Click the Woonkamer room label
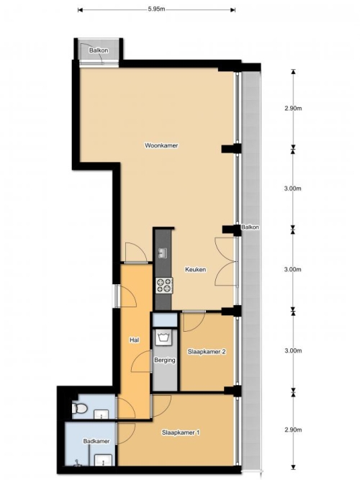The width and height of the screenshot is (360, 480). pyautogui.click(x=161, y=145)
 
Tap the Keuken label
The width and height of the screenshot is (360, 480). pyautogui.click(x=195, y=269)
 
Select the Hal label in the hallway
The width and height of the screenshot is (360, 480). pyautogui.click(x=135, y=340)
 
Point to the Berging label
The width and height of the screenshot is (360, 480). pyautogui.click(x=165, y=360)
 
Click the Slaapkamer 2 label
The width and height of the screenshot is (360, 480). pyautogui.click(x=207, y=352)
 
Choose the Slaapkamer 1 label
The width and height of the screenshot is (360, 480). pyautogui.click(x=181, y=433)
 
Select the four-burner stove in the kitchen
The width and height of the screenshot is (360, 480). pyautogui.click(x=164, y=286)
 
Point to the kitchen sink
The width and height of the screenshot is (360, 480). pyautogui.click(x=163, y=253)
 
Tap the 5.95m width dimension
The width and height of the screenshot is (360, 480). pyautogui.click(x=156, y=9)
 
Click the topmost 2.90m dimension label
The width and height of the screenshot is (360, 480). pyautogui.click(x=293, y=108)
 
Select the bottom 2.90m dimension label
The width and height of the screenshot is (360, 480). pyautogui.click(x=293, y=430)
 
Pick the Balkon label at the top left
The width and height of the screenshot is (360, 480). pyautogui.click(x=99, y=50)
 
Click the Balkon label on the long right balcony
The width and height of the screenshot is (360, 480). pyautogui.click(x=250, y=227)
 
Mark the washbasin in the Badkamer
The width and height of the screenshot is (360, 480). pyautogui.click(x=103, y=460)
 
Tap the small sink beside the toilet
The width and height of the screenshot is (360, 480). pyautogui.click(x=101, y=415)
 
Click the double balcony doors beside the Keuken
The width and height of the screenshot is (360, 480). pyautogui.click(x=226, y=261)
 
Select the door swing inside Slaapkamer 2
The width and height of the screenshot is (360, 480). pyautogui.click(x=194, y=322)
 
